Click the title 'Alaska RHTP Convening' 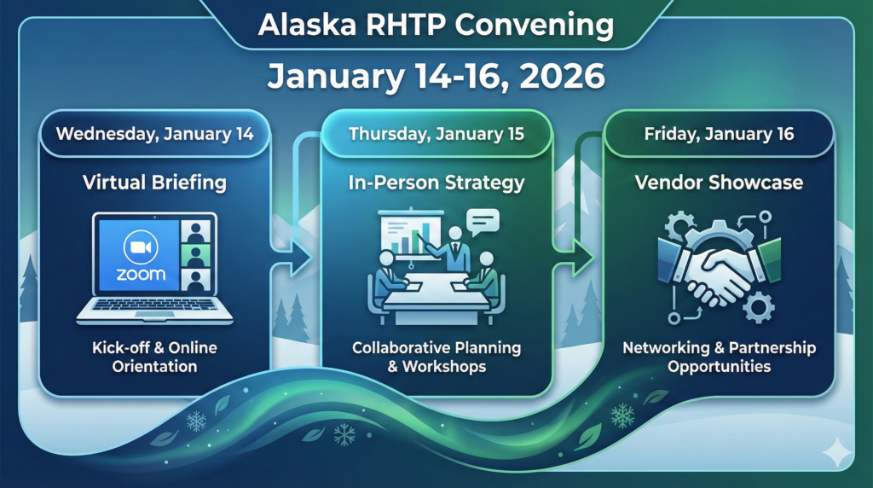coord(436,26)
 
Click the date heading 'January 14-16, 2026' coord(436,77)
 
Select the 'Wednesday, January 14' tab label coord(154,134)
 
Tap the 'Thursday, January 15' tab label coord(436,134)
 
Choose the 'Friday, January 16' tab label coord(719,134)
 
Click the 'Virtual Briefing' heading coord(154,182)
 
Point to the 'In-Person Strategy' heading coord(436,182)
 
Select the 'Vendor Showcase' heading coord(719,182)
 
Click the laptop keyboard coord(154,305)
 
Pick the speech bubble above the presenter coord(483,222)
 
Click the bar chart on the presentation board coord(415,241)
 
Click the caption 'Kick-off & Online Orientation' coord(154,357)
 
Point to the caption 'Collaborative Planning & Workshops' coord(436,357)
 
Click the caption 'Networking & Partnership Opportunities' coord(719,357)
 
